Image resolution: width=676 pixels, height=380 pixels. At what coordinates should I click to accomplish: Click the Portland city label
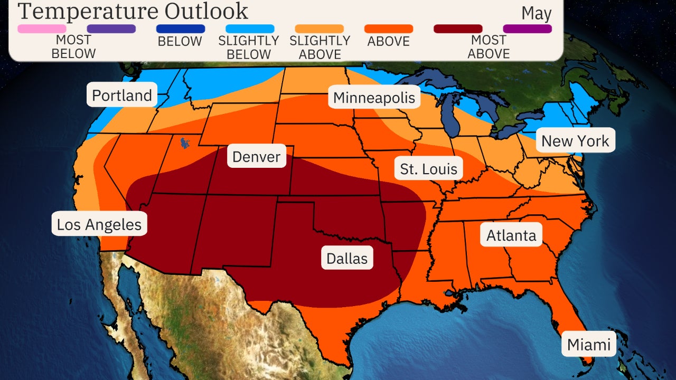(x=122, y=95)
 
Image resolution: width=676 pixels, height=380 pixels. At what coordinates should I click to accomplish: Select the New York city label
(x=575, y=141)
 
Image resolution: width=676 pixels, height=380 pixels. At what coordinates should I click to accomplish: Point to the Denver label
(x=256, y=157)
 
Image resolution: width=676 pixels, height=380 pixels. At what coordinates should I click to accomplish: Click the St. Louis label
(x=428, y=169)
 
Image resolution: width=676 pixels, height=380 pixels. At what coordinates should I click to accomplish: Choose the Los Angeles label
(x=99, y=224)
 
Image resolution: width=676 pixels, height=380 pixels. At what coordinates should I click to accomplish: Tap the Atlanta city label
(x=511, y=235)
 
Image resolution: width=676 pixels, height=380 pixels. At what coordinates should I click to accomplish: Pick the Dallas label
(x=346, y=258)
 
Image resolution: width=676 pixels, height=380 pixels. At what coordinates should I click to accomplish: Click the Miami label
(x=588, y=345)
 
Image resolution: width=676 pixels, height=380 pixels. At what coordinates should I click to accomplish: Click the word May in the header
(x=536, y=13)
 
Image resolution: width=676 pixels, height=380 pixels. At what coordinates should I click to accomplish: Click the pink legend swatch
(x=42, y=28)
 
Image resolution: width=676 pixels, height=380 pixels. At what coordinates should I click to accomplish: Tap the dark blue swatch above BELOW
(x=181, y=28)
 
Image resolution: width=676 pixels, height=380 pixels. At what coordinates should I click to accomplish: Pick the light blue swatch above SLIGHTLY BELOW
(x=250, y=28)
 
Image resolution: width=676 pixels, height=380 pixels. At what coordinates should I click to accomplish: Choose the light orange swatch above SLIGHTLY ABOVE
(x=319, y=28)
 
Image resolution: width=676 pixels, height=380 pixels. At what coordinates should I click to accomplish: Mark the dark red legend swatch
(x=458, y=28)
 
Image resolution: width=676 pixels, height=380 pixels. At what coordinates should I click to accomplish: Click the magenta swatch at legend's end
(x=527, y=28)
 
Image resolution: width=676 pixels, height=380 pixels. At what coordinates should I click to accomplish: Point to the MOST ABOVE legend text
(x=489, y=46)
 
